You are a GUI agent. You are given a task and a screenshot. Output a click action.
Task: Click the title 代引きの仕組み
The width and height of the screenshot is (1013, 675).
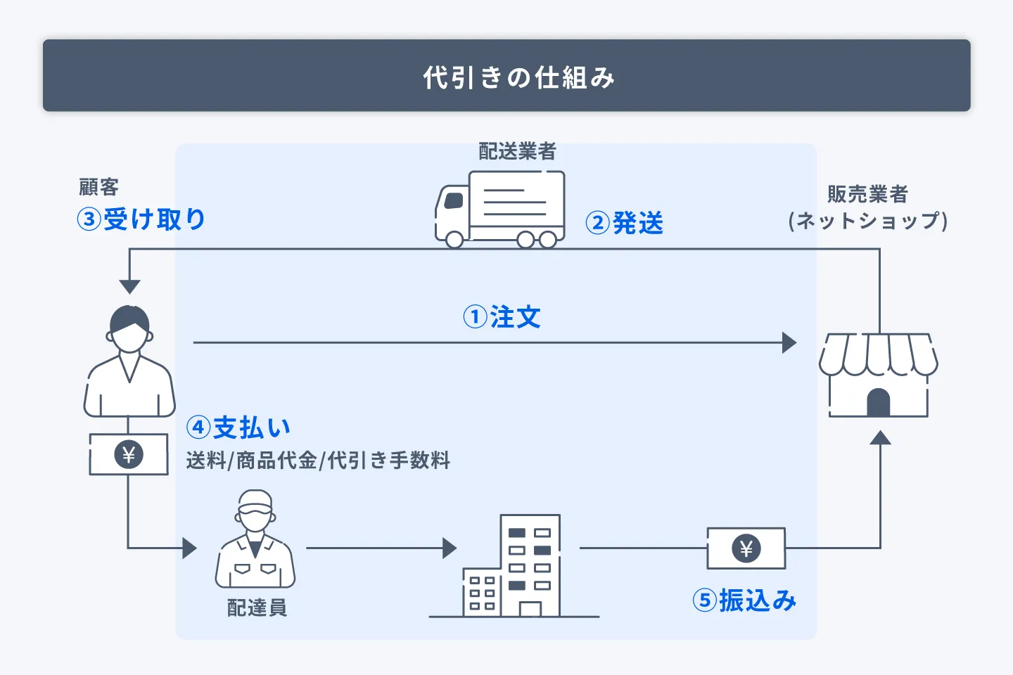click(x=519, y=77)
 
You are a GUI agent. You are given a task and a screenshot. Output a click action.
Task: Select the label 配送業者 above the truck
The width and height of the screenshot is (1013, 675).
click(x=517, y=151)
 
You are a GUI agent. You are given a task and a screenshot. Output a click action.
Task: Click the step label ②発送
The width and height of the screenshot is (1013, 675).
click(x=625, y=224)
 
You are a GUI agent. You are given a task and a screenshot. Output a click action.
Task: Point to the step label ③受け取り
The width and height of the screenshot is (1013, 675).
click(x=141, y=219)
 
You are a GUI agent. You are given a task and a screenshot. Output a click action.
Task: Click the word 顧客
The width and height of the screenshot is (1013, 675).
click(x=98, y=187)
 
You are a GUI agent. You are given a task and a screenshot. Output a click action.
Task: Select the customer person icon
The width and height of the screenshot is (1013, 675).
click(x=129, y=362)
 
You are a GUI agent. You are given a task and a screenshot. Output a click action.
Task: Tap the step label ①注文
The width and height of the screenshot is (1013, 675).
click(x=502, y=317)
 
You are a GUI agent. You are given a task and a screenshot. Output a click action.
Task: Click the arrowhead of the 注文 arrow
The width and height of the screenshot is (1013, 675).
click(x=789, y=343)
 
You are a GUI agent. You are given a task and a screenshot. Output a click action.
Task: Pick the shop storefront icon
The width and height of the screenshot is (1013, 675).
click(x=878, y=375)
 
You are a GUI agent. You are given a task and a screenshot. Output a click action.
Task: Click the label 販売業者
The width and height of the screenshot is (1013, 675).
click(x=867, y=194)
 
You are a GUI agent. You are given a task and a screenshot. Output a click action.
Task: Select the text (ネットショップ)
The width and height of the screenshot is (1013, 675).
click(x=867, y=221)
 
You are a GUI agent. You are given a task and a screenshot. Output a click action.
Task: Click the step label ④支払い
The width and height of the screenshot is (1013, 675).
click(x=238, y=427)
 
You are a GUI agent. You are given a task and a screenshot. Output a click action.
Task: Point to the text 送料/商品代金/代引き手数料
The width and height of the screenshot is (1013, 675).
click(x=318, y=461)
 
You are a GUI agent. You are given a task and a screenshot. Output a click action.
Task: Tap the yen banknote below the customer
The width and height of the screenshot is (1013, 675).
click(x=129, y=454)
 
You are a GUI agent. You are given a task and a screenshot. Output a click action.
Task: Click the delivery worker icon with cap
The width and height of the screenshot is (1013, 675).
click(x=255, y=539)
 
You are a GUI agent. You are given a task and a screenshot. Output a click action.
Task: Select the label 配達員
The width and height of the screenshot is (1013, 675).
click(x=257, y=607)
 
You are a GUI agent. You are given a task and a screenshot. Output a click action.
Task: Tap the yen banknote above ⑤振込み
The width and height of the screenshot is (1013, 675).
click(x=746, y=548)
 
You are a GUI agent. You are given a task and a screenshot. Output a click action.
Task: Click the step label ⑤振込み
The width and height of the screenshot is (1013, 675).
click(x=744, y=600)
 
